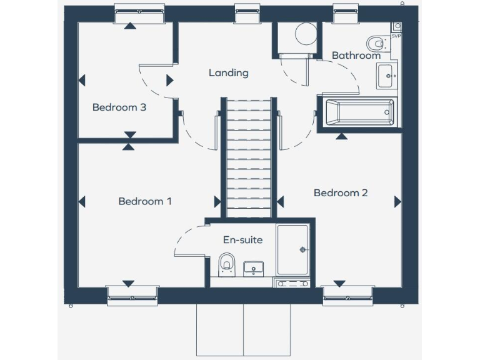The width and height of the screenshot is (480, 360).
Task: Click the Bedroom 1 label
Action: click(145, 201)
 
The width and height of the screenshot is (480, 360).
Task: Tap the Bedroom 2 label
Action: click(341, 192)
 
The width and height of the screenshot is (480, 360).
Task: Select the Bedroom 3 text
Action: click(119, 107)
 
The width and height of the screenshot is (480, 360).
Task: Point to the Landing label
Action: click(228, 73)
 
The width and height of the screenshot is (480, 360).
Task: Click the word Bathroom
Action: click(356, 56)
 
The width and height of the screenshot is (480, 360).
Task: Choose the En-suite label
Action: click(243, 240)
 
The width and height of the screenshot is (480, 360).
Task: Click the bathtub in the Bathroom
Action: click(358, 112)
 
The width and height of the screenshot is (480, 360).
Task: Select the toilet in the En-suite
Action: click(226, 264)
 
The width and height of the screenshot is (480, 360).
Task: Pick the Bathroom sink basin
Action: click(386, 76)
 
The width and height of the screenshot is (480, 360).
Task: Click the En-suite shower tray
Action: click(292, 249)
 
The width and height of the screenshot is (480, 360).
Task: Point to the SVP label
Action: click(396, 36)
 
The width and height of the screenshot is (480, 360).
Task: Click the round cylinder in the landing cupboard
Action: click(306, 34)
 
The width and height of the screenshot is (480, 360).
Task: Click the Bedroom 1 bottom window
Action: click(132, 294)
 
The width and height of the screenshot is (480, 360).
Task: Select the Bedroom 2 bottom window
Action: click(347, 294)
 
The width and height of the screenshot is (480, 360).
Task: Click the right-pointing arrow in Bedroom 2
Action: click(397, 201)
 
